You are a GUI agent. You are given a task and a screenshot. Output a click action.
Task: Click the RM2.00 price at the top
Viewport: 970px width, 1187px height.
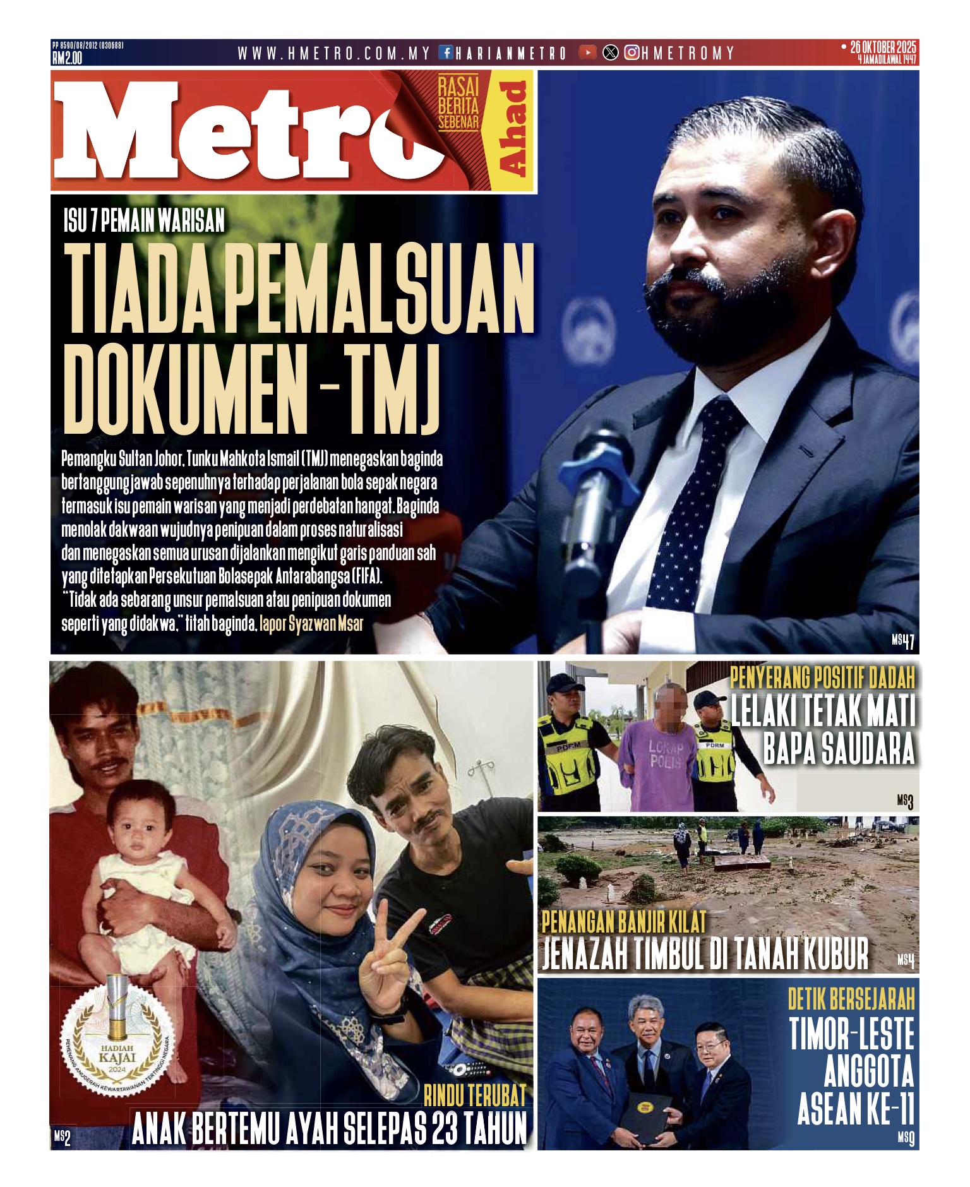[x=67, y=58]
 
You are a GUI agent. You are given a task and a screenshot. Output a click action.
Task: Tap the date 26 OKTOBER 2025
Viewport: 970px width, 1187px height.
[x=882, y=47]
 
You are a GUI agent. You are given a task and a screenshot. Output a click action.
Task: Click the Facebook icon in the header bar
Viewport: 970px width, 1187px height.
[x=446, y=53]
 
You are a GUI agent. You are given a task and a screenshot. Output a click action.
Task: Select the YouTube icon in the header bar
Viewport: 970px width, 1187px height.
[x=587, y=53]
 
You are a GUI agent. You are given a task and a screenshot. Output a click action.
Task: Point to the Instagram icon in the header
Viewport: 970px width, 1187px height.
[x=632, y=53]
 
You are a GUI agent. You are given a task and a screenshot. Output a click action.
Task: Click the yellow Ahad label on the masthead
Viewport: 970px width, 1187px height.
[x=512, y=129]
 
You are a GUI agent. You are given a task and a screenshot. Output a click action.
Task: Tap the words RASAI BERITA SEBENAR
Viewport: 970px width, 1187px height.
[x=458, y=104]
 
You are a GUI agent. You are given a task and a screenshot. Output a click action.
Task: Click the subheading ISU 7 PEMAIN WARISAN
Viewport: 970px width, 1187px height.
[x=144, y=221]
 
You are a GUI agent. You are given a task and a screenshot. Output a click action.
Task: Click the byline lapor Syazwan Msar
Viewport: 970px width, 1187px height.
[x=311, y=624]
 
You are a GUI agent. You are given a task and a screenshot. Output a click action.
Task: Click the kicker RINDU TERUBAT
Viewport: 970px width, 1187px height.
[x=474, y=1096]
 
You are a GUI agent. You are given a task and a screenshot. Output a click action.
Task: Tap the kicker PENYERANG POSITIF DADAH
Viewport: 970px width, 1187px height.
[x=822, y=678]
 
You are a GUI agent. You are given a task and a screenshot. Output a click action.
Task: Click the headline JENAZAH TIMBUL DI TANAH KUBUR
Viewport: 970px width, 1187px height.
[x=705, y=954]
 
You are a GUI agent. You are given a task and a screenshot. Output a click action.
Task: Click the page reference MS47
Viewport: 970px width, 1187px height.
[x=902, y=641]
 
